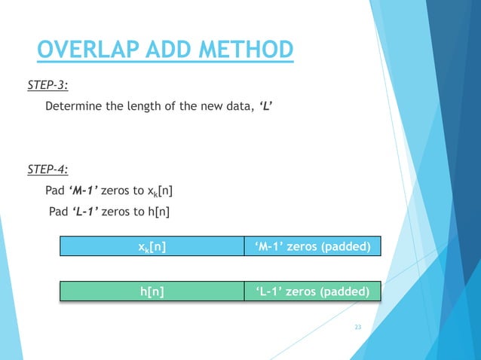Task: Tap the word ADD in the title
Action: pos(166,50)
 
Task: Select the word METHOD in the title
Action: pos(245,50)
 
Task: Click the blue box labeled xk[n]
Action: pos(152,246)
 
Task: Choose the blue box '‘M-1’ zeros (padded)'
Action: pos(312,246)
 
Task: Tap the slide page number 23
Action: pos(357,327)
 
